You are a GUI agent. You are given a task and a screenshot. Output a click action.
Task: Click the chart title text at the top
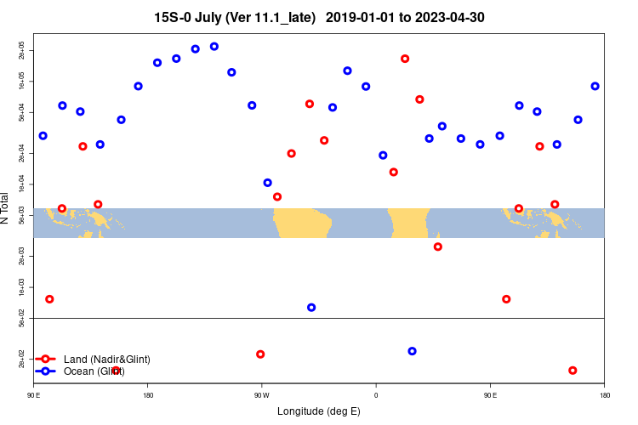319,17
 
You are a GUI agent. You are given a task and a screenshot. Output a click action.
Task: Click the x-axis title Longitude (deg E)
319,411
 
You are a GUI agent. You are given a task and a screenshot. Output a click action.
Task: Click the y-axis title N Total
7,207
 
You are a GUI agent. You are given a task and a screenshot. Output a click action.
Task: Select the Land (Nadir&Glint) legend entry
106,360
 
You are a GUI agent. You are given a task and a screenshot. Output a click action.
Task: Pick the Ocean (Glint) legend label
94,371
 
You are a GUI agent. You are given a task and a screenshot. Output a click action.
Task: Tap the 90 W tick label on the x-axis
261,395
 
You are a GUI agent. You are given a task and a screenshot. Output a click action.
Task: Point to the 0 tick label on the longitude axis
375,395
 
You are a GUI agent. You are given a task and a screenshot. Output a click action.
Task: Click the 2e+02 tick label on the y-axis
23,363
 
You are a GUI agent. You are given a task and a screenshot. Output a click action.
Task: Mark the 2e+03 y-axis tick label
23,256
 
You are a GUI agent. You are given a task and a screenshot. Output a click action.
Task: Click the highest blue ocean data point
214,47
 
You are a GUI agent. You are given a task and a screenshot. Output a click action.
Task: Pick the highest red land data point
405,59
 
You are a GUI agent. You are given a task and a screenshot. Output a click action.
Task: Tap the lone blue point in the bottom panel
413,351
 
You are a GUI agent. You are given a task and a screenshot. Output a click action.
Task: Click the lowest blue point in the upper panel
311,308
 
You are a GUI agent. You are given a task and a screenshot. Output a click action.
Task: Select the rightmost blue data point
595,86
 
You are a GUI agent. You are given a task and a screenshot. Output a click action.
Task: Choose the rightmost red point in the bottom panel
572,371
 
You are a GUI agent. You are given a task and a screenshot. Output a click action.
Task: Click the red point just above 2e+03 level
438,246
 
